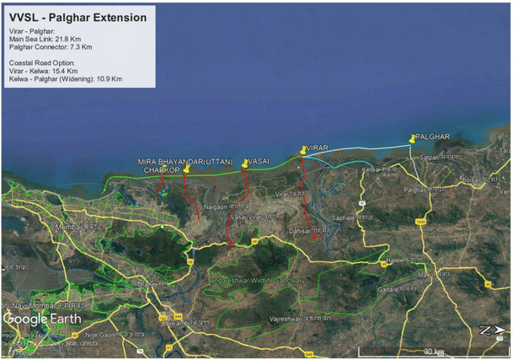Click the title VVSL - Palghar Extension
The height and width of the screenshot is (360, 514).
pos(78,17)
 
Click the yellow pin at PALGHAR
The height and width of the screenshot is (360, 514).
pos(410,138)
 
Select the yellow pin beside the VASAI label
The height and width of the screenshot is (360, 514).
pos(244,162)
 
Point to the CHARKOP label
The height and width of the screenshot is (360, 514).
pos(161,170)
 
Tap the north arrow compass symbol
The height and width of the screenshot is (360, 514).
pos(485,330)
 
